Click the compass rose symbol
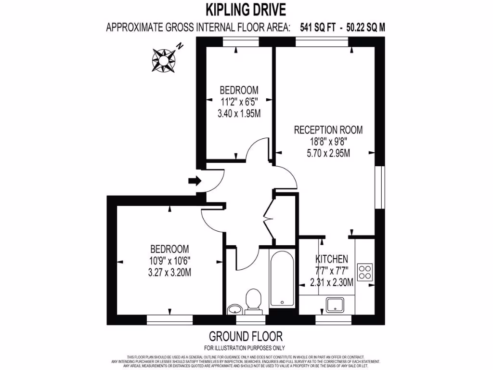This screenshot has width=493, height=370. pos(163,59)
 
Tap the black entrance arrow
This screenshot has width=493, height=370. pos(194,181)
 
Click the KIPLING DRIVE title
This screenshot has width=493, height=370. pos(246,9)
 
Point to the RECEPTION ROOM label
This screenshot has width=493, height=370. pos(328,130)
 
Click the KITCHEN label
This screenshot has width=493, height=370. pos(331,259)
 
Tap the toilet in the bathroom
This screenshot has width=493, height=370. pos(253,300)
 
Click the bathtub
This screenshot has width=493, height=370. pos(282,278)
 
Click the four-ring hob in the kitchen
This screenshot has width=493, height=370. pos(364,272)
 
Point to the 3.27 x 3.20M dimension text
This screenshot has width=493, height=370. pos(169,272)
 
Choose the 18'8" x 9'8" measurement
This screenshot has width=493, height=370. pos(328,142)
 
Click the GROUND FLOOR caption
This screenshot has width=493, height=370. pos(246,336)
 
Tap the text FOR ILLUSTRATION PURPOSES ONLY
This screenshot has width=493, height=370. pos(245,348)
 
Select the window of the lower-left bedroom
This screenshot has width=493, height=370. pos(169,319)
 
